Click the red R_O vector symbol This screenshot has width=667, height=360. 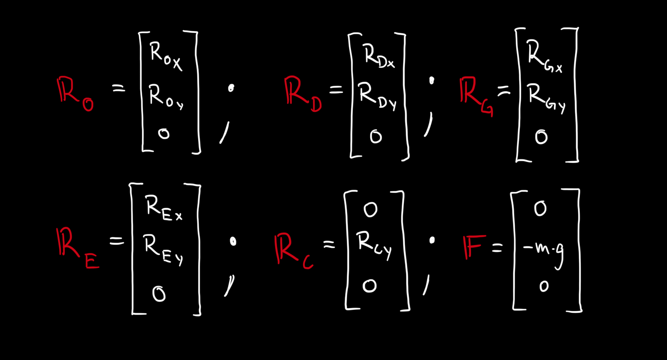[75, 94]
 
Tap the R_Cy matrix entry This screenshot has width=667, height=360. [374, 245]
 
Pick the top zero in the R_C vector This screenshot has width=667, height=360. [370, 209]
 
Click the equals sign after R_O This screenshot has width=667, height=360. [118, 89]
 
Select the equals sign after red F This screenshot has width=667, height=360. [497, 247]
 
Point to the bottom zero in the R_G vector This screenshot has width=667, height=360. [541, 137]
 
